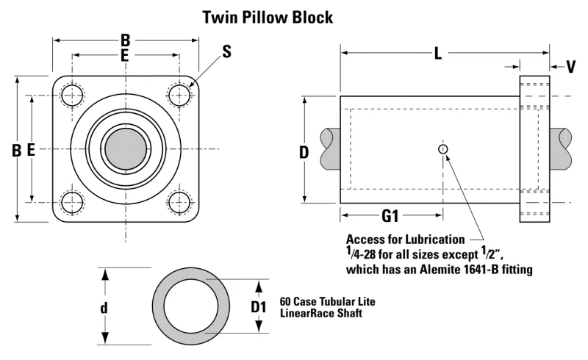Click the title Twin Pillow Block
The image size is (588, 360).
tap(268, 18)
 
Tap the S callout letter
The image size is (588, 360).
tap(226, 51)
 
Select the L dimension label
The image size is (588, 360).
tap(437, 54)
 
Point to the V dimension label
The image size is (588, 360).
tap(571, 67)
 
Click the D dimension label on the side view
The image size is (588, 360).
tap(304, 153)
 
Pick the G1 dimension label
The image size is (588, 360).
tap(390, 216)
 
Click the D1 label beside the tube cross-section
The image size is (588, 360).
tap(259, 307)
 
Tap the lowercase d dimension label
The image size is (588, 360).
tap(104, 308)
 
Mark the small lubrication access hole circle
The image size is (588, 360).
tap(443, 149)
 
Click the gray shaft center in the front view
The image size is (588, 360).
tap(126, 149)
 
